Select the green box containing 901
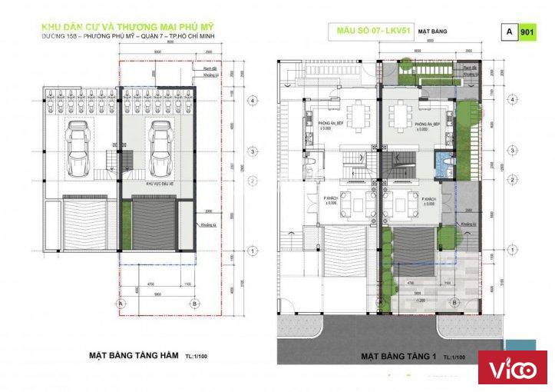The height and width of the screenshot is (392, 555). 527,32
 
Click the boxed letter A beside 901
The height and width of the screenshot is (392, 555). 509,32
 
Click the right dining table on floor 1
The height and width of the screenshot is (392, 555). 401,116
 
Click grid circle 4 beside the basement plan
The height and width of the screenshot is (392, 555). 252,101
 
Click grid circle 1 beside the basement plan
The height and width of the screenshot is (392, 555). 252,251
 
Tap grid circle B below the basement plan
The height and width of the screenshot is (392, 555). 195,304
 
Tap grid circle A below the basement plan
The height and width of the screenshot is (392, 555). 121,304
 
